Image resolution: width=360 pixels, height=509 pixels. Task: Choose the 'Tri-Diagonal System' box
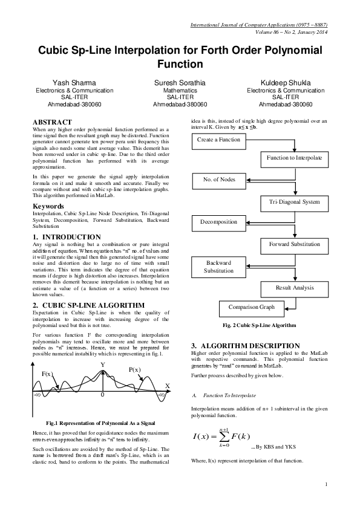click(x=294, y=201)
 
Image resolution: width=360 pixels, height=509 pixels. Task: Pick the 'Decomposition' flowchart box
click(x=218, y=222)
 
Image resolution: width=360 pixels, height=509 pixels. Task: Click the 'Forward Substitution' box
click(x=294, y=244)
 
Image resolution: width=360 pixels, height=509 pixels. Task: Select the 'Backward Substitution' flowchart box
click(x=218, y=267)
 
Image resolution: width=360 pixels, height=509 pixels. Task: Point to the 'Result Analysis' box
click(x=294, y=288)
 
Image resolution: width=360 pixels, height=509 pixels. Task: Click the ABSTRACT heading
click(x=52, y=122)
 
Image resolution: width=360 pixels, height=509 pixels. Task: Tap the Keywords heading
click(x=49, y=207)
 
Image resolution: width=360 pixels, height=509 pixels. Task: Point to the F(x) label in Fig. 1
click(x=48, y=374)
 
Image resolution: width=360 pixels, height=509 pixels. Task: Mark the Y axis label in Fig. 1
click(x=103, y=365)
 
